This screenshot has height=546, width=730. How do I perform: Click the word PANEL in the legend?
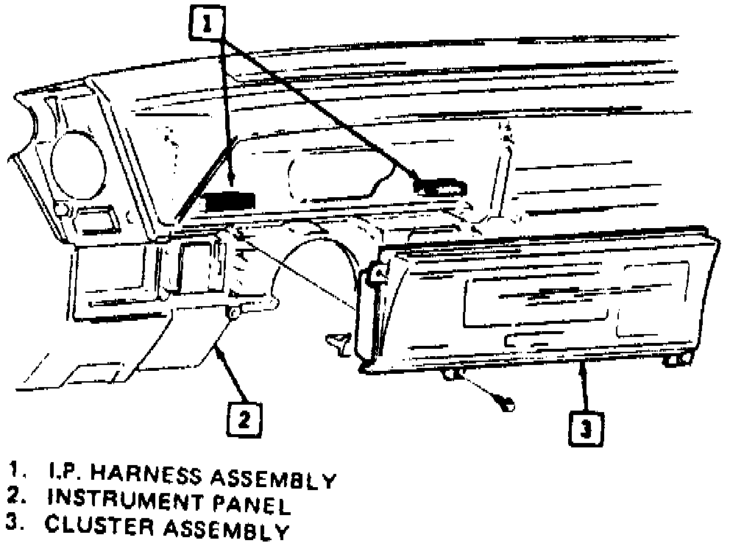(x=254, y=505)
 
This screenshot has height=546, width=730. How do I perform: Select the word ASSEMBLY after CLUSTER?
(x=219, y=530)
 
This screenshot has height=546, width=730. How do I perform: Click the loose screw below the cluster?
(x=506, y=402)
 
